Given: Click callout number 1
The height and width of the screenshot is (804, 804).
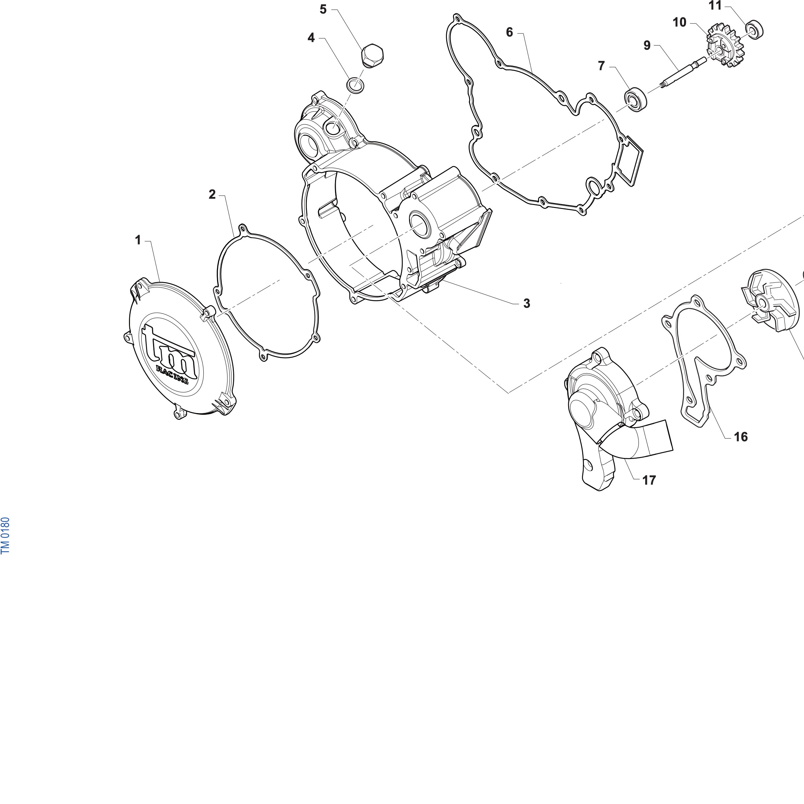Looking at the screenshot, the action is click(138, 240).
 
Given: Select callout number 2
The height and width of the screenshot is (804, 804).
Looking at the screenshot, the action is click(212, 194).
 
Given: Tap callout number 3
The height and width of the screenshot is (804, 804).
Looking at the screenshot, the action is click(527, 304).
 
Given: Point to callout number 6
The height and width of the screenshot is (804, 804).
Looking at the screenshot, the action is click(509, 32).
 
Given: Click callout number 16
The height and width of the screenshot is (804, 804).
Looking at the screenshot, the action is click(741, 437).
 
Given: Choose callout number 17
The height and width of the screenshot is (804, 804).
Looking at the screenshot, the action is click(649, 480).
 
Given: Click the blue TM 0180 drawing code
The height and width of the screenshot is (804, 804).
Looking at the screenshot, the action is click(5, 535).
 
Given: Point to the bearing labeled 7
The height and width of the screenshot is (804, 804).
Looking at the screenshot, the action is click(635, 99).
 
